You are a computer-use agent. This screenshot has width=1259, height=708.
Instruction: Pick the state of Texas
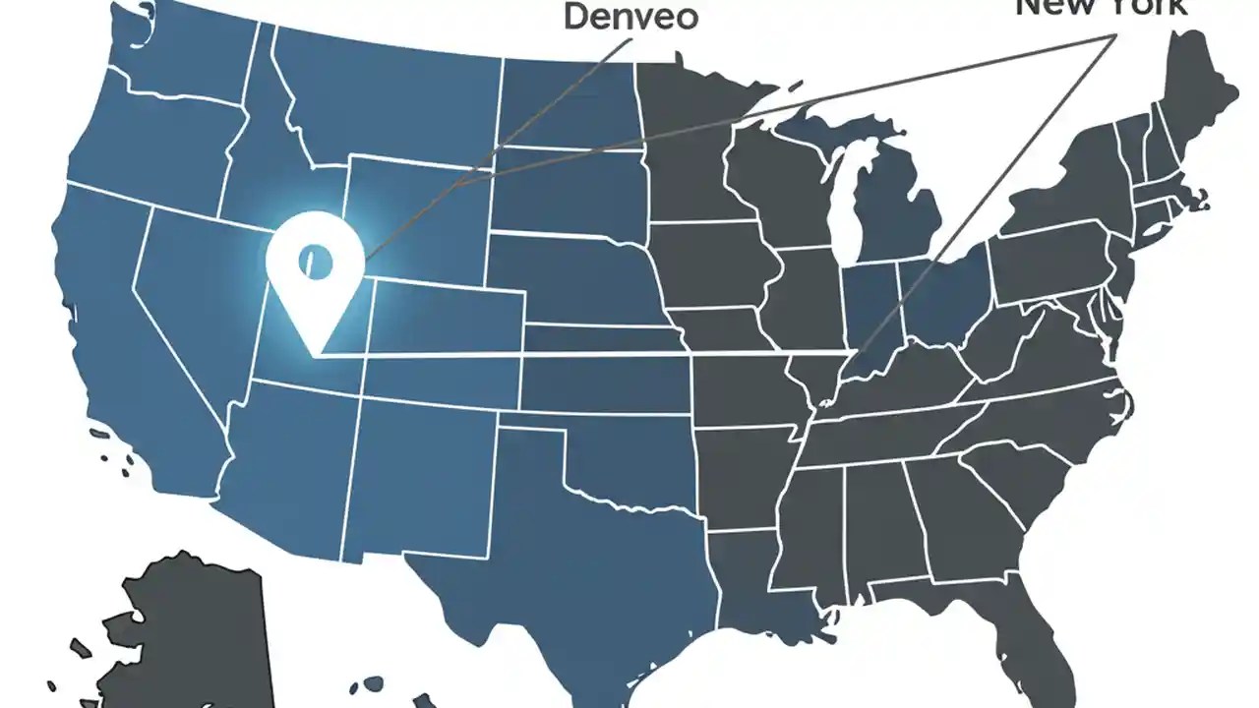[570, 551]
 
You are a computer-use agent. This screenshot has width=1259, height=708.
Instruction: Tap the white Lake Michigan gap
[841, 206]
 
